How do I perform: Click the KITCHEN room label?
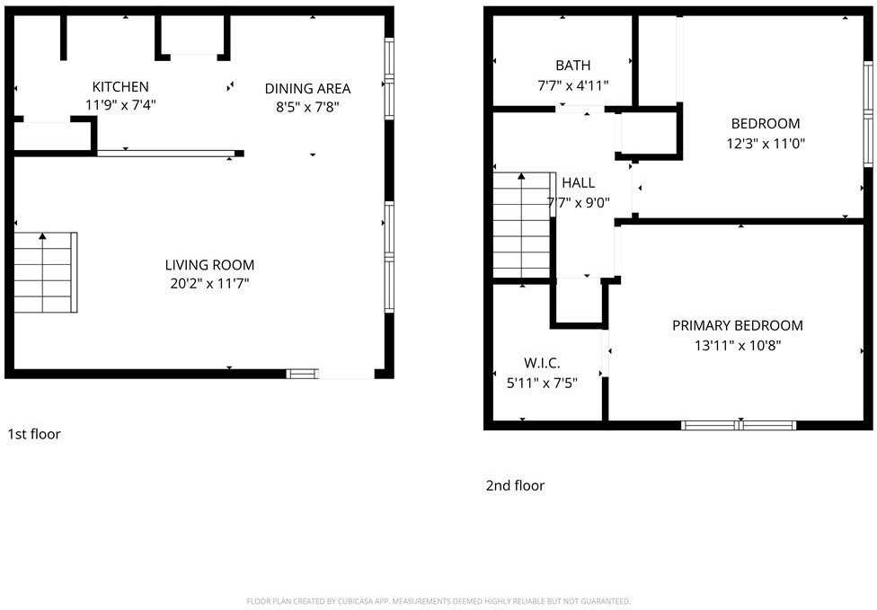[x=120, y=87]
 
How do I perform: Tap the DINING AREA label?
[x=307, y=88]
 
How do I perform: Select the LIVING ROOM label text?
[x=209, y=265]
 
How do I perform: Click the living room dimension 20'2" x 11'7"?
[x=209, y=284]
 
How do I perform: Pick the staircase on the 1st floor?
[x=45, y=272]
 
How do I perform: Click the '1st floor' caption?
[x=34, y=435]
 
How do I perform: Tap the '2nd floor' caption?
[x=515, y=486]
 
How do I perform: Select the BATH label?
[x=573, y=66]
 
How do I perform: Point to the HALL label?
[x=578, y=183]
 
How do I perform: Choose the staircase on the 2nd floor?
[x=522, y=225]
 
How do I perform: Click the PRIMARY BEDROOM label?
[x=738, y=325]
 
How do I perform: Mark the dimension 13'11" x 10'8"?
[x=737, y=345]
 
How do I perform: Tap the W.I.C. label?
[x=542, y=363]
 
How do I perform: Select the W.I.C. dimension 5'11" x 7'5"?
[x=542, y=383]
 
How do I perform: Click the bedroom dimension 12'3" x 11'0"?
[x=765, y=143]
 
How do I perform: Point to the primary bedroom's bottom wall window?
[x=739, y=425]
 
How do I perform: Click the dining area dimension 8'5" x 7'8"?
[x=307, y=107]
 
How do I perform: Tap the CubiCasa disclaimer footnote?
[x=438, y=601]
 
